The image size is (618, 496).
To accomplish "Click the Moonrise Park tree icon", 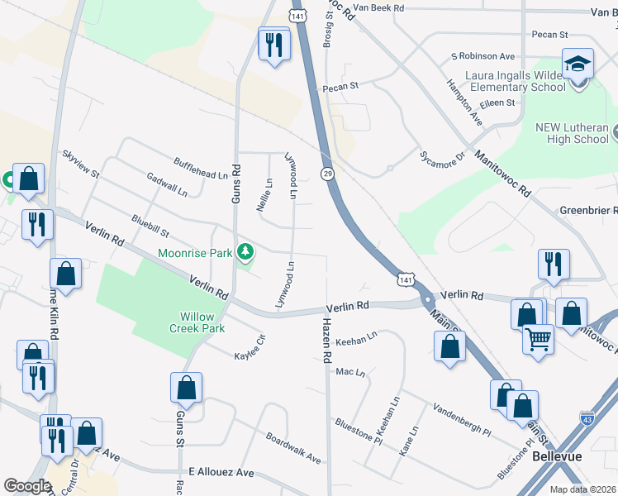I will pyautogui.click(x=245, y=251).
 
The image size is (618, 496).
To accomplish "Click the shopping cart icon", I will pyautogui.click(x=538, y=339).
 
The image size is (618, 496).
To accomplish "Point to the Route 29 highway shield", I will pyautogui.click(x=328, y=173).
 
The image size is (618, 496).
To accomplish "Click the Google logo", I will pyautogui.click(x=27, y=486).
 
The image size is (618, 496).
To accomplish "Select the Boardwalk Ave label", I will pyautogui.click(x=292, y=447).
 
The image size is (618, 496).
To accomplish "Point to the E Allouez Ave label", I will pyautogui.click(x=221, y=472).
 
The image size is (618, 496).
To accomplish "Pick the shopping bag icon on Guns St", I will pyautogui.click(x=187, y=388).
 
